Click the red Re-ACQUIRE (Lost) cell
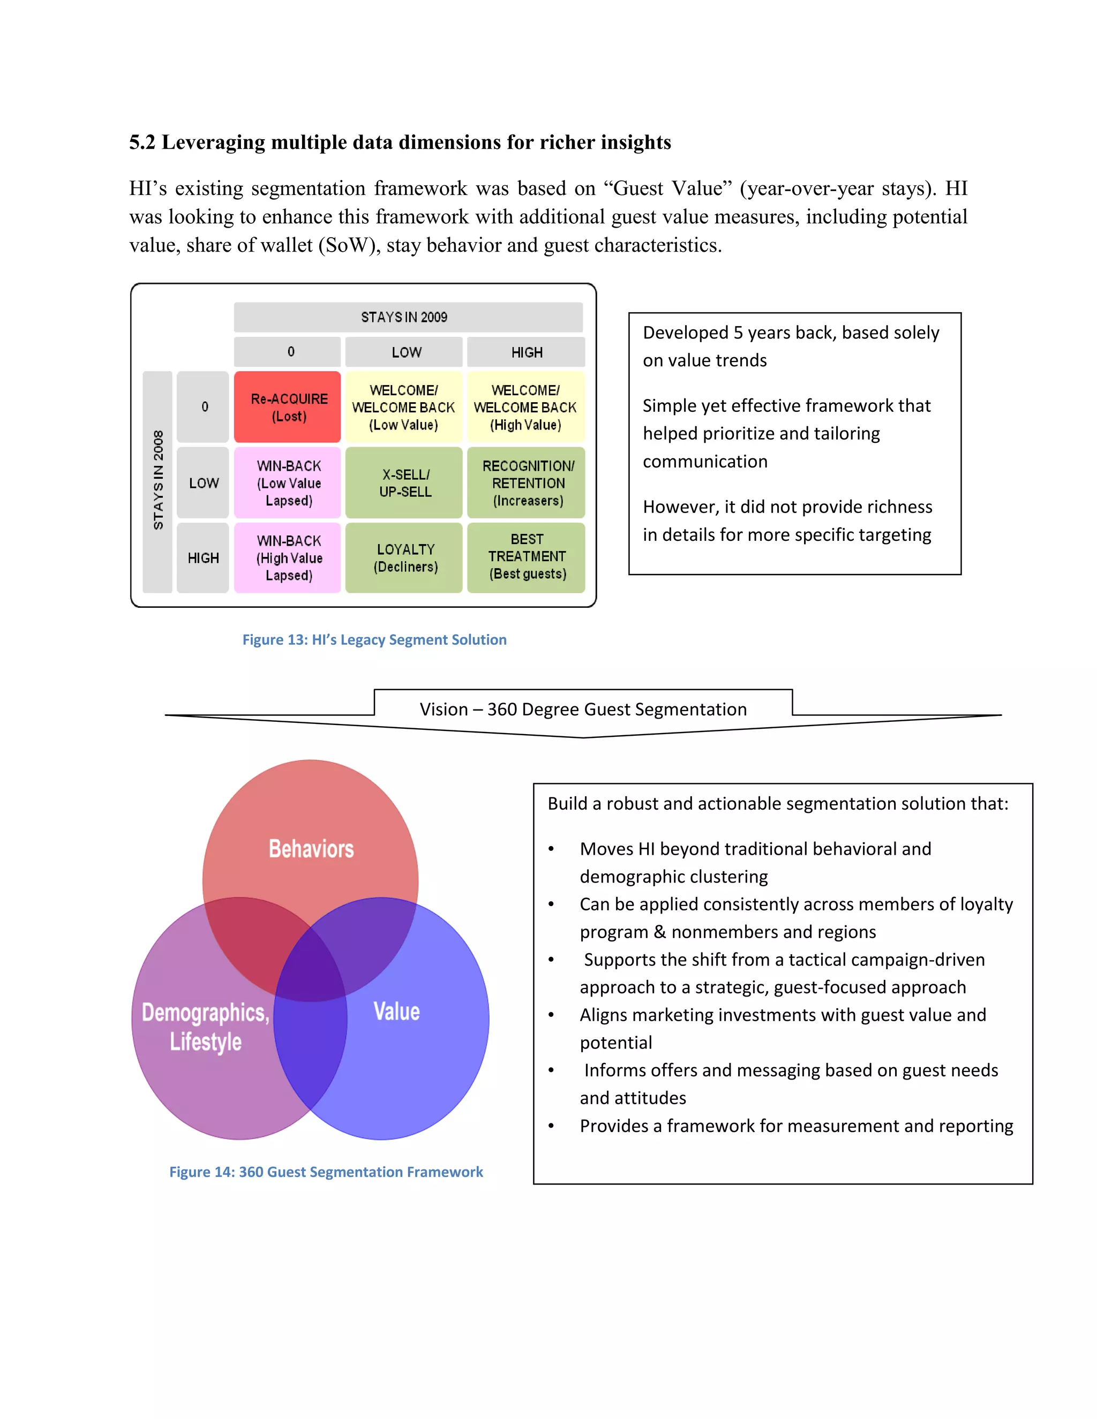[287, 407]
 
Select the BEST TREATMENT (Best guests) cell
[527, 557]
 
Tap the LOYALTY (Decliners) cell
[405, 558]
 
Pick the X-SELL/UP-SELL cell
[405, 483]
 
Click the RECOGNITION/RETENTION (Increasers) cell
[527, 483]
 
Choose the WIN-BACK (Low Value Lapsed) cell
[288, 483]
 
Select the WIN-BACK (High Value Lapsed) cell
[288, 558]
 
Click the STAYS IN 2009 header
[404, 317]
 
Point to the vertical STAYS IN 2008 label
[158, 480]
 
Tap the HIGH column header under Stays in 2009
[527, 352]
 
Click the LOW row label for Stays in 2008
[204, 483]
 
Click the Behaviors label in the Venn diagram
[311, 849]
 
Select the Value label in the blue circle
[396, 1011]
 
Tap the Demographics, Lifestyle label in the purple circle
[205, 1026]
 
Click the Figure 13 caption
[374, 639]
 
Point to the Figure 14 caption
[326, 1172]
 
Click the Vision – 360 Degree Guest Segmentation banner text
[583, 709]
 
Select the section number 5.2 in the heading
[142, 142]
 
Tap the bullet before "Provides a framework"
[551, 1126]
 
